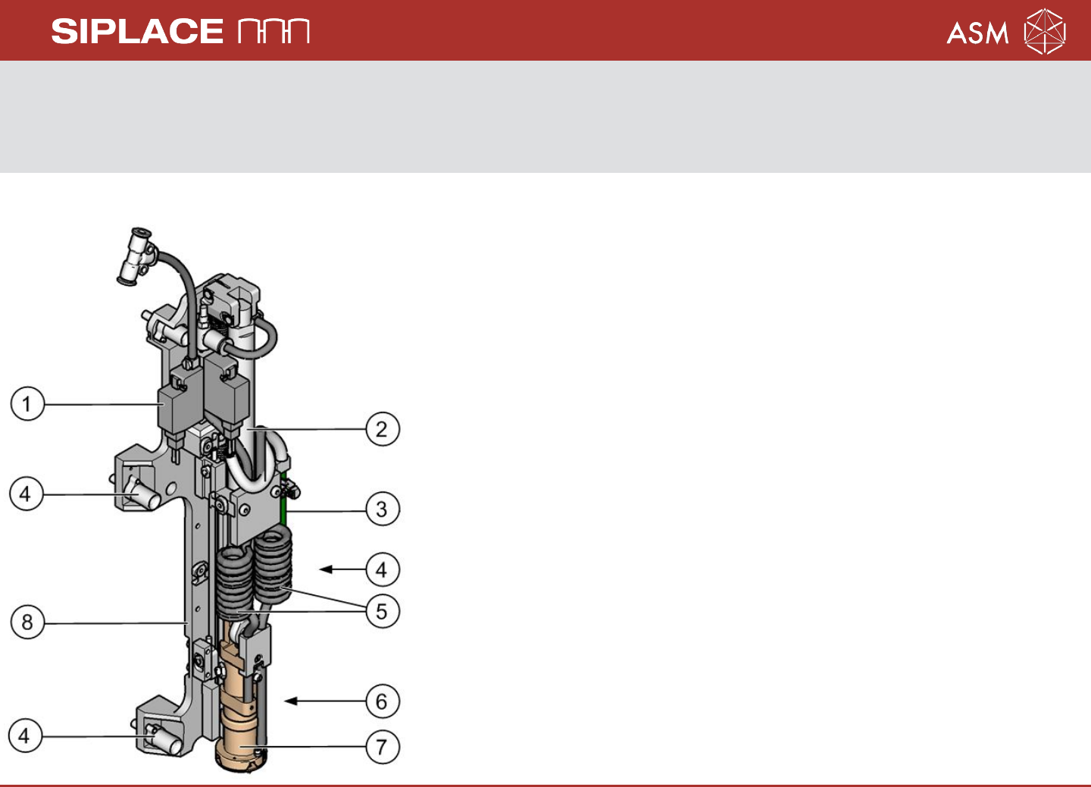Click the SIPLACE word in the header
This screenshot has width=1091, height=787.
[137, 31]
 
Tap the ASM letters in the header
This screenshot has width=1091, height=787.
[977, 33]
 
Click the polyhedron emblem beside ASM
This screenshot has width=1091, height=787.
[1045, 31]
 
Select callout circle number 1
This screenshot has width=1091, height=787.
[27, 403]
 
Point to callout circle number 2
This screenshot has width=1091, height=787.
[383, 429]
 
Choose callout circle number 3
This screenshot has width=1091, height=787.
[383, 510]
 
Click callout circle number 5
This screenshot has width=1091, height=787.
[383, 611]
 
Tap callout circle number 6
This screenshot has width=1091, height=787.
[383, 701]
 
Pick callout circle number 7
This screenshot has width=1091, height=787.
[383, 747]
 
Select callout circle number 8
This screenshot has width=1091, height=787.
[27, 622]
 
